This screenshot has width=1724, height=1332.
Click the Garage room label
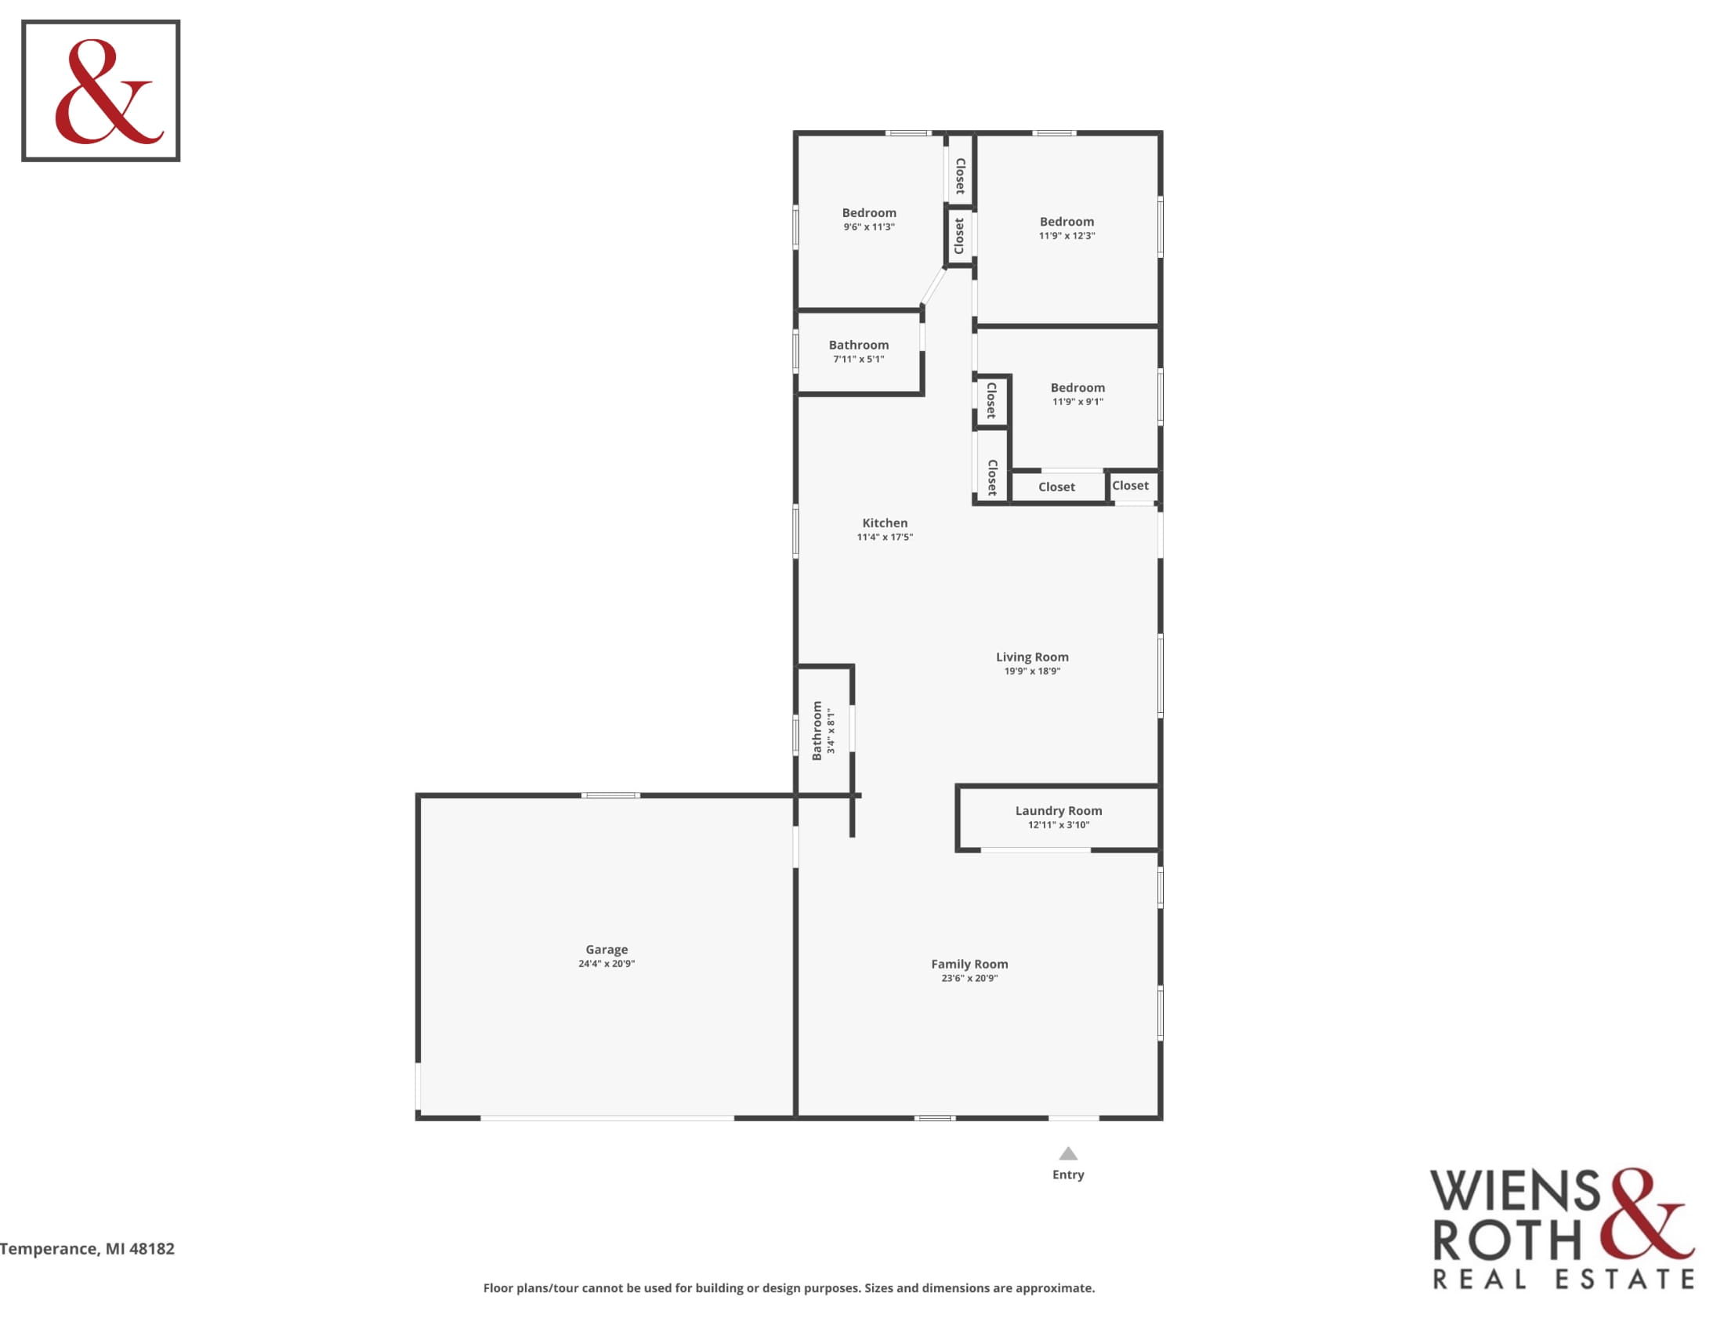pos(607,950)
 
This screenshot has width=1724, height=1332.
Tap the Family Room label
pos(969,965)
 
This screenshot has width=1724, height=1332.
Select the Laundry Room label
pos(1059,810)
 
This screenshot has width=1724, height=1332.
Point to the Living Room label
pos(1032,657)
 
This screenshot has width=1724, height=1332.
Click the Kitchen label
pos(885,523)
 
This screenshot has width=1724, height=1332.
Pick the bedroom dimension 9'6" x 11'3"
pos(869,227)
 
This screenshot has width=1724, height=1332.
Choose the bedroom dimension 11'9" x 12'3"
pos(1067,236)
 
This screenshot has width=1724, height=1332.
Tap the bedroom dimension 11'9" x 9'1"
pos(1077,402)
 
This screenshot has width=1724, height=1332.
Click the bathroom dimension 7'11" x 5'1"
pos(859,359)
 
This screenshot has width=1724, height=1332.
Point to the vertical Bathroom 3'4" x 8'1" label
pos(824,731)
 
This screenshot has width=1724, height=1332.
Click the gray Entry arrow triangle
pos(1068,1153)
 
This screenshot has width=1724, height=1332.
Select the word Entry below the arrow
pos(1068,1175)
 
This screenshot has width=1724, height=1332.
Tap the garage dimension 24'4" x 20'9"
pos(607,964)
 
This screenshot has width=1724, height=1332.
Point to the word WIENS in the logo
pos(1516,1192)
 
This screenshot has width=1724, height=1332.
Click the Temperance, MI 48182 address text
pos(87,1249)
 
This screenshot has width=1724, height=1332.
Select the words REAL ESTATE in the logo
pos(1564,1280)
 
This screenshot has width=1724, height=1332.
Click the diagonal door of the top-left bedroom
pos(933,286)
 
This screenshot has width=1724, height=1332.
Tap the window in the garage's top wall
pos(611,795)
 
